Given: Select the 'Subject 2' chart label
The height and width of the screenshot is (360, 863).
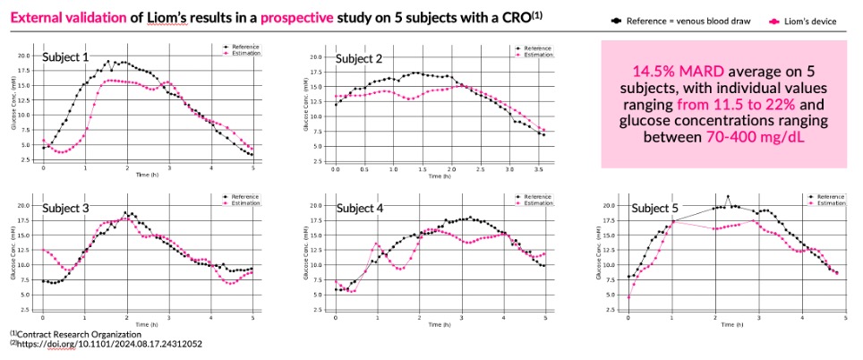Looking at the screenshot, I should click(x=359, y=59).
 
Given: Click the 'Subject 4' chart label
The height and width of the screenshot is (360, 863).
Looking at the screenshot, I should click(x=359, y=209).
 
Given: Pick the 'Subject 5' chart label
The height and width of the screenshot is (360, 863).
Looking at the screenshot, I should click(x=655, y=209).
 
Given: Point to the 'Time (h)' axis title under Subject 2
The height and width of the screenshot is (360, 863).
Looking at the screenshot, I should click(x=440, y=176).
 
